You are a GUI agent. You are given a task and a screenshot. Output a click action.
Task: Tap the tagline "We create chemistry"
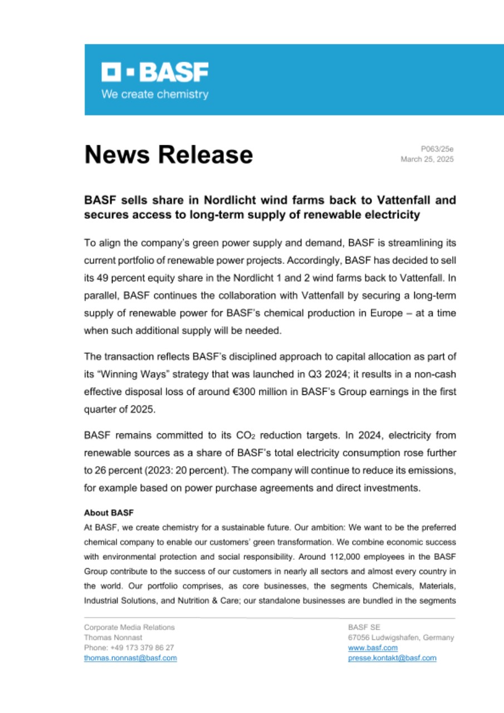(x=154, y=95)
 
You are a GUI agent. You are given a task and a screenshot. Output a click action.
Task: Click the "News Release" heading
(x=168, y=154)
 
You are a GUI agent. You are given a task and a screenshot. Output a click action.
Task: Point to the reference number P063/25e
(x=437, y=149)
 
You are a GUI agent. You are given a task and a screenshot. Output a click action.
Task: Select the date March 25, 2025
(x=427, y=159)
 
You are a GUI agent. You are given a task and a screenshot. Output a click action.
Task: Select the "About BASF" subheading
(x=109, y=512)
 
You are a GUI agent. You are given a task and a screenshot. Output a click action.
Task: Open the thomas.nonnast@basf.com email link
(x=130, y=658)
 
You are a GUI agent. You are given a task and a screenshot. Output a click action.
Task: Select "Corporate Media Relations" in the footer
(x=129, y=627)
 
